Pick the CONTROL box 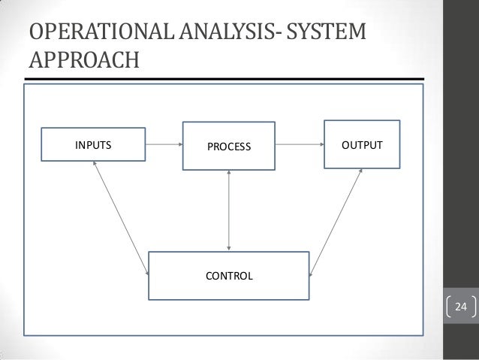coord(229,275)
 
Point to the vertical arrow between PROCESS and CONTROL coord(229,210)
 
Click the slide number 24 coord(461,307)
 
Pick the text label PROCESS coord(229,146)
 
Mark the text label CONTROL coord(229,276)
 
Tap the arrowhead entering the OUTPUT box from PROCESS coord(319,143)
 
